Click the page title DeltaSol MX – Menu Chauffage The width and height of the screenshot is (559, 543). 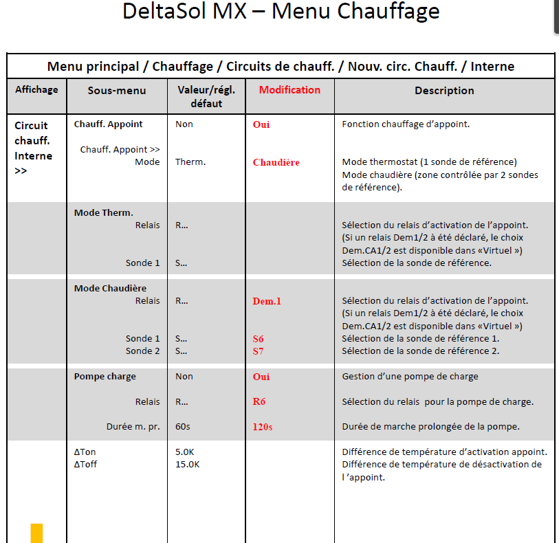coord(281,12)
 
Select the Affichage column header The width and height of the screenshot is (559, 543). coord(36,89)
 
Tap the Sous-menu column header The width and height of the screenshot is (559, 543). coord(116,90)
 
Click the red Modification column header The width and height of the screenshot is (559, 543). coord(289,90)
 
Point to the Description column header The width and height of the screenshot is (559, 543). coord(444,90)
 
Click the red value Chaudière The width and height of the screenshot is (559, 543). coord(276,163)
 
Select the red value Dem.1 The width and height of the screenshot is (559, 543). coord(267,301)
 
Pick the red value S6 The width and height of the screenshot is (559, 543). coord(259,339)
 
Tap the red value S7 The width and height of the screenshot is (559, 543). coord(259,351)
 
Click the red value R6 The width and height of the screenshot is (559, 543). coord(259,402)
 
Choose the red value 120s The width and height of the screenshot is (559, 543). coord(263,427)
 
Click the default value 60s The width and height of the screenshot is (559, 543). coord(183,427)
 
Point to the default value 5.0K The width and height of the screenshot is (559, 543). coord(185,452)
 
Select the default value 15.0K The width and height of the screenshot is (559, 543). coord(188,465)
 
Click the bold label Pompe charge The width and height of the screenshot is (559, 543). coord(105,377)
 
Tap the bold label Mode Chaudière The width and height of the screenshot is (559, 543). coord(110,289)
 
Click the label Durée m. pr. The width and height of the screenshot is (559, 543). coord(133,427)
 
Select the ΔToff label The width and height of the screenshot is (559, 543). coord(85,465)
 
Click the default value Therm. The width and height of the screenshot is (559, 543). coord(190,162)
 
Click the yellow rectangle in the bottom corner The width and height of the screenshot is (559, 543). coord(36,533)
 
